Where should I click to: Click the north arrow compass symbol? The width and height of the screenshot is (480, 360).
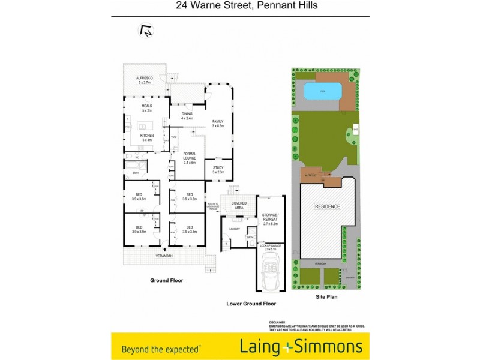click(x=145, y=31)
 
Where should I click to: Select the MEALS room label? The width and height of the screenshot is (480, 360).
click(x=147, y=106)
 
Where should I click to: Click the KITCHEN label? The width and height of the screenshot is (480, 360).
click(x=147, y=136)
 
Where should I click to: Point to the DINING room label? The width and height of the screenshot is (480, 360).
click(x=187, y=113)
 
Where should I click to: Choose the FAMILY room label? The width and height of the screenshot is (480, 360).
click(x=218, y=121)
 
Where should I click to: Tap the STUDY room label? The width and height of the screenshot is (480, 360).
click(x=218, y=169)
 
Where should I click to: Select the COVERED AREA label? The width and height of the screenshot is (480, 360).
click(x=239, y=205)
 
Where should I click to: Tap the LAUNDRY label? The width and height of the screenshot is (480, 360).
click(x=233, y=229)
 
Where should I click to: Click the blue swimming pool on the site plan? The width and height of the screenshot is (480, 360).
click(x=323, y=92)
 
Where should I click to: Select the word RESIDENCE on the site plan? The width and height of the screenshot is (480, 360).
click(x=328, y=206)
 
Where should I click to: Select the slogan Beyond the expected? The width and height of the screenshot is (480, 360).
click(x=161, y=347)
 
